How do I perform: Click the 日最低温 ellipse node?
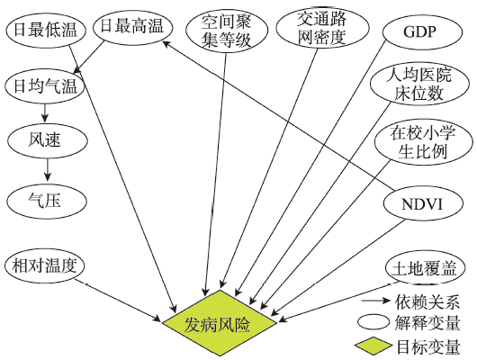(46, 30)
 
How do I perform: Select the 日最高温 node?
(132, 27)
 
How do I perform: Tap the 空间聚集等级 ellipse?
(227, 31)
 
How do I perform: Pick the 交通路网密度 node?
(322, 28)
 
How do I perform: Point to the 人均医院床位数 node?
(419, 84)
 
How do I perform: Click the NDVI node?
(423, 203)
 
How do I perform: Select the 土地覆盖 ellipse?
(425, 269)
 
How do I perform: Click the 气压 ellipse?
(47, 202)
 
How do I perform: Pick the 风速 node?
(48, 140)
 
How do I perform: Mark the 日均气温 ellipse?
(44, 86)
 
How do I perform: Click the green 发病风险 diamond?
(220, 323)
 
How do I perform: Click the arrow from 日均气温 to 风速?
(45, 112)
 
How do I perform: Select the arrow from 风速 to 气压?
(47, 169)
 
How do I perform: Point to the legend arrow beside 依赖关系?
(376, 301)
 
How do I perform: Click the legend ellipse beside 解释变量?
(373, 323)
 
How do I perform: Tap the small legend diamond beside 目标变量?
(373, 346)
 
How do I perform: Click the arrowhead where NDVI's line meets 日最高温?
(166, 43)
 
